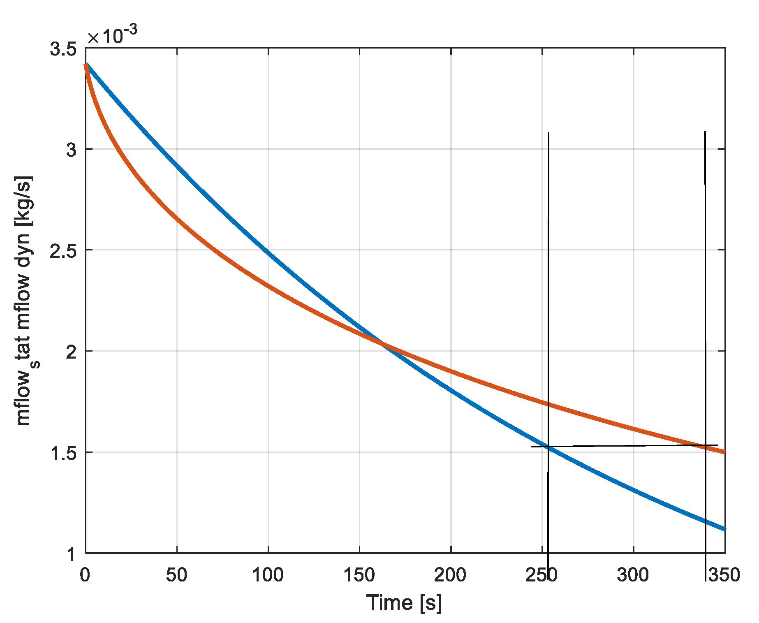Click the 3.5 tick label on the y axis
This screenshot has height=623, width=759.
point(63,49)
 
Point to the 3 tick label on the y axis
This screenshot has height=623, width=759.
point(72,150)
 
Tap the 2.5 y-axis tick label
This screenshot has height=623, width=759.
point(63,251)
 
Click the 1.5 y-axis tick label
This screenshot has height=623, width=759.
point(63,454)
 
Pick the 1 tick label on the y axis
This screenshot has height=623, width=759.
point(72,554)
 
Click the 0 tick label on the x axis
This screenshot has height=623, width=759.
point(85,575)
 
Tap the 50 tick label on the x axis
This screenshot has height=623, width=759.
point(177,575)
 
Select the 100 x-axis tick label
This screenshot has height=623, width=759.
point(268,575)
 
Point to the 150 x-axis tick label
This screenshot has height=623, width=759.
point(359,575)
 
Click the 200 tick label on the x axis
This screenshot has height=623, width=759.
point(451,575)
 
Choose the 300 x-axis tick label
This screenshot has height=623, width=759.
point(633,575)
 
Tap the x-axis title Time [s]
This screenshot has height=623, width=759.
point(404,603)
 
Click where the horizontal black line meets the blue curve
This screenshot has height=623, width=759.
point(548,447)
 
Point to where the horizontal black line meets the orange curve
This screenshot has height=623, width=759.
point(706,445)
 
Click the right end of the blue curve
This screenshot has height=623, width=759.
point(724,529)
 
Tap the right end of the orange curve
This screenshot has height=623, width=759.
point(724,452)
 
